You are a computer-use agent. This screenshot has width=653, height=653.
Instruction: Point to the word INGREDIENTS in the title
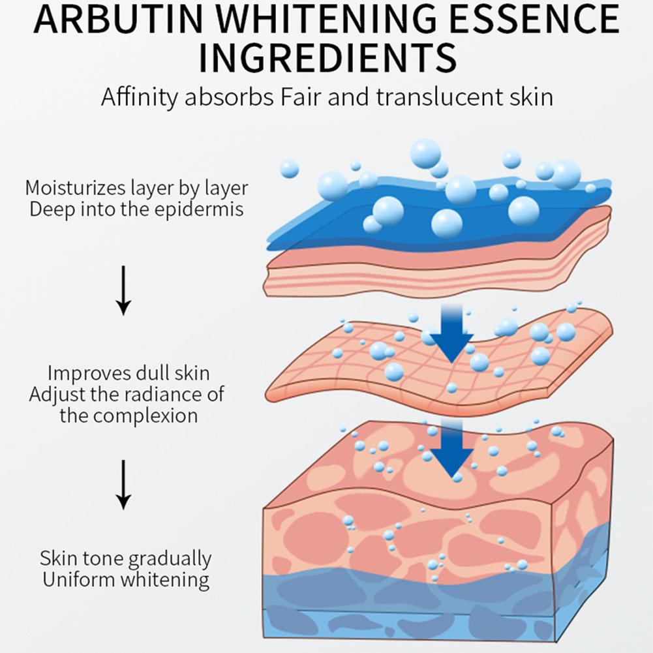(x=327, y=58)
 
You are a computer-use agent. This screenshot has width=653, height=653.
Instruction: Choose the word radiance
(x=160, y=394)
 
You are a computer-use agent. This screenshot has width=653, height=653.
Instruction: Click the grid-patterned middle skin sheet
(x=365, y=372)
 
